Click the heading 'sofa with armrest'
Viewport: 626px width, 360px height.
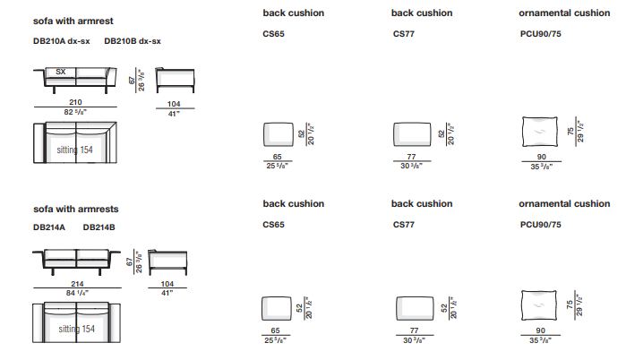(x=73, y=19)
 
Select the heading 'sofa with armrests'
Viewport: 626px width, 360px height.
(x=75, y=210)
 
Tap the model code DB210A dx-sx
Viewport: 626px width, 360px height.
(x=61, y=40)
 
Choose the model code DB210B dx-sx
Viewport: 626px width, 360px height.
(x=133, y=40)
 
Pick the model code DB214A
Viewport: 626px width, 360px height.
(x=49, y=228)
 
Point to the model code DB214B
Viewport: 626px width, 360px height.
(x=99, y=228)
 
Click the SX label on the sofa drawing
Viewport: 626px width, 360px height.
(x=60, y=72)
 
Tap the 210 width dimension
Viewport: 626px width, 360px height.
(x=76, y=103)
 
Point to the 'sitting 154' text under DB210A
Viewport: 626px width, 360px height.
(x=75, y=150)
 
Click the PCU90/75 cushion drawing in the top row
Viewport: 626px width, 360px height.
(x=540, y=133)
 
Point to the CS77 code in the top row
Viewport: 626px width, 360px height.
(x=404, y=36)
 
